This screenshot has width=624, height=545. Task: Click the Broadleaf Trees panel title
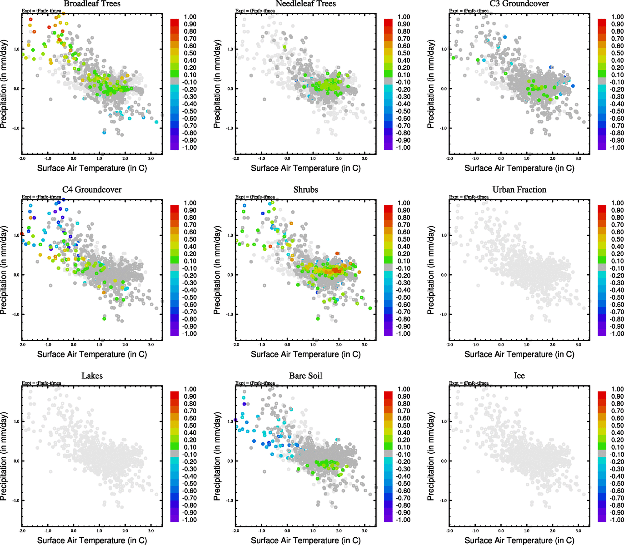(92, 4)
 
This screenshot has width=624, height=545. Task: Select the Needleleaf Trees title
(305, 4)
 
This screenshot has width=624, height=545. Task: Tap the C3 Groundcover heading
(519, 4)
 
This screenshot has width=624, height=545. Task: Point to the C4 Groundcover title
(92, 190)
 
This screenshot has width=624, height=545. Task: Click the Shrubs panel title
(305, 190)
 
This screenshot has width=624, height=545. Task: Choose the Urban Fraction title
(519, 190)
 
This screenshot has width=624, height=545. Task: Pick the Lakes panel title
(92, 376)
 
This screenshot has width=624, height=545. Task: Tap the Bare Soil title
(305, 376)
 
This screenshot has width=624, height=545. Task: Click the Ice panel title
(519, 376)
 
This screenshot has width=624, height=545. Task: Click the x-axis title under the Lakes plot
(92, 540)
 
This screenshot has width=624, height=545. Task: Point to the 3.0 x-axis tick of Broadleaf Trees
(151, 159)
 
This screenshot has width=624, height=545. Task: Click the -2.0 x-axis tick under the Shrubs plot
(236, 345)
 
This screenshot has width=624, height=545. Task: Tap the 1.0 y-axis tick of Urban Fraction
(444, 235)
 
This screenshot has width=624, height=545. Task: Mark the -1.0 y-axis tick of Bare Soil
(230, 500)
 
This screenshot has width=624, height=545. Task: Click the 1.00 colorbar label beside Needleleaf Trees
(404, 17)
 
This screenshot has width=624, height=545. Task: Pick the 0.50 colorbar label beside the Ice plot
(617, 426)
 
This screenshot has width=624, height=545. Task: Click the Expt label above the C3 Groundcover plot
(469, 11)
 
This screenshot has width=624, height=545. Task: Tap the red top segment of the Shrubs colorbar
(388, 208)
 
